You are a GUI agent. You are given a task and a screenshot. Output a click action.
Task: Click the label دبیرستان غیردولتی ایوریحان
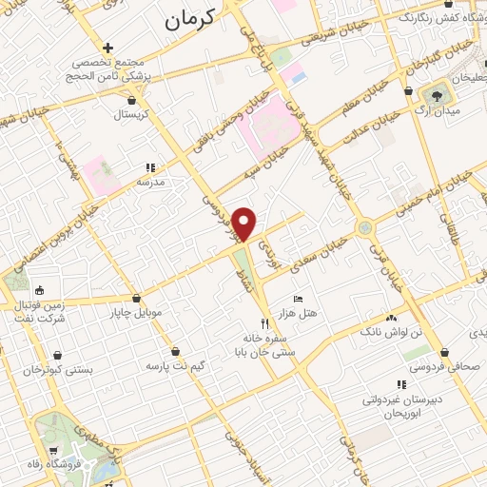click(401, 406)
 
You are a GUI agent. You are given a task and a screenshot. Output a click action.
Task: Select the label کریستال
click(133, 115)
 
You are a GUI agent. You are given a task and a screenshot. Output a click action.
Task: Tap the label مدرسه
click(150, 181)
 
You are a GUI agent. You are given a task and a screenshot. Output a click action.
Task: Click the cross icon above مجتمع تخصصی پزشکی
click(108, 48)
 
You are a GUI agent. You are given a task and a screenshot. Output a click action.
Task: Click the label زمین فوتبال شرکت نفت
click(38, 310)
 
